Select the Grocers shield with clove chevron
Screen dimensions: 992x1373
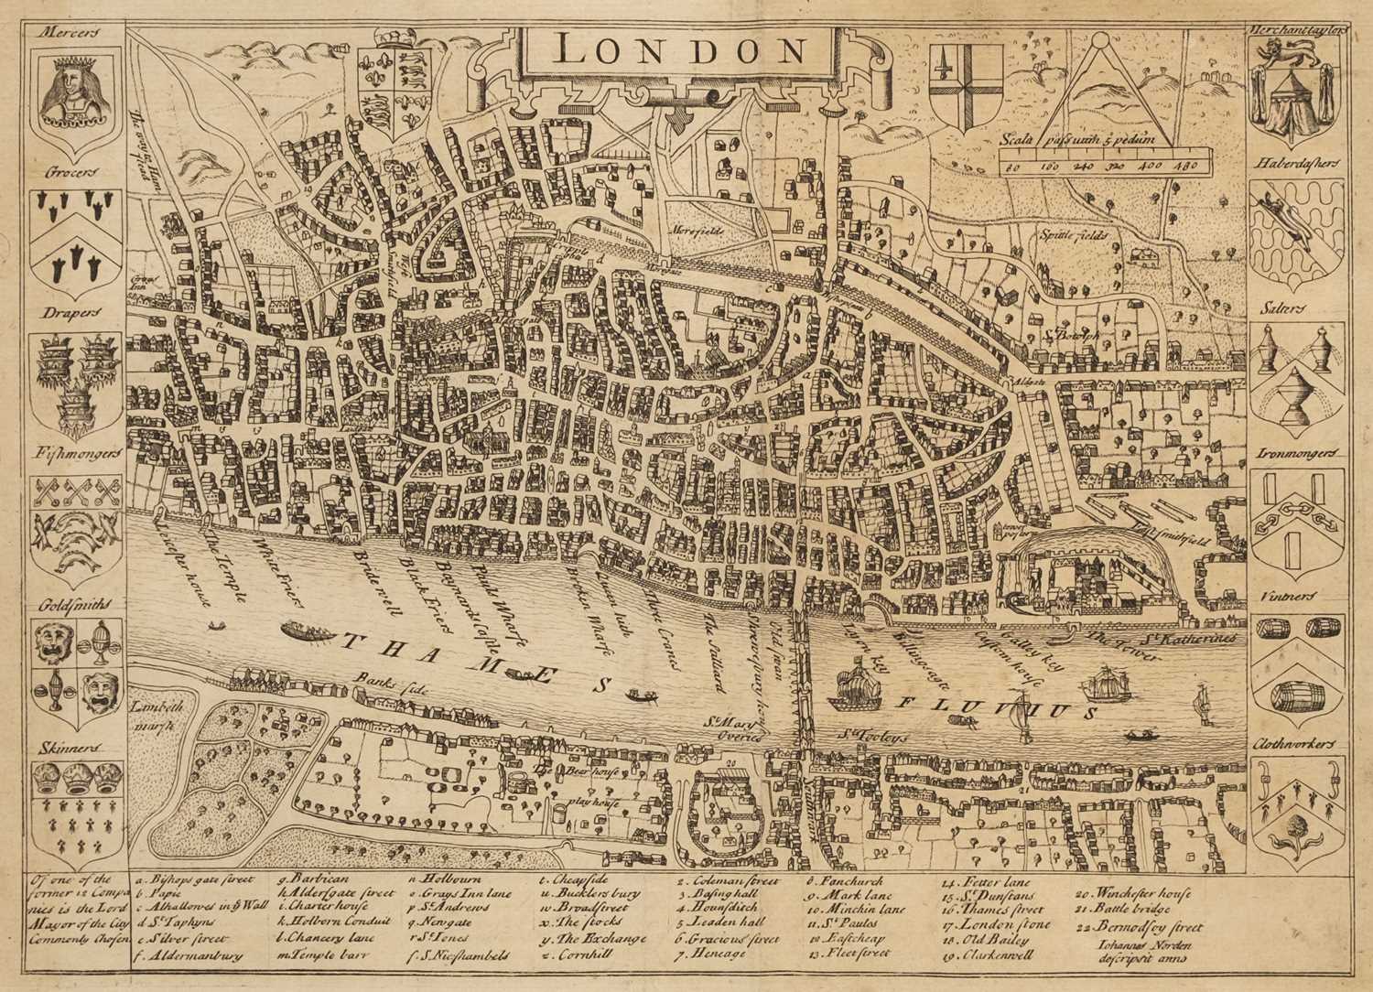(75, 234)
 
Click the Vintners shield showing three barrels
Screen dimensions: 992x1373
(1297, 667)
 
